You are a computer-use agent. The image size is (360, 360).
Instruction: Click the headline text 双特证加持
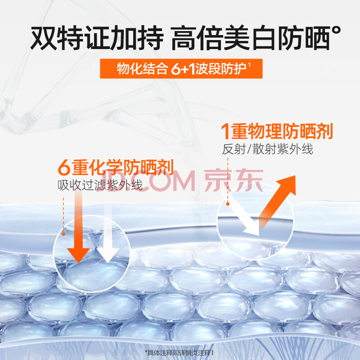pos(97,38)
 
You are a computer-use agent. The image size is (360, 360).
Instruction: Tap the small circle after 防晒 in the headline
pos(336,31)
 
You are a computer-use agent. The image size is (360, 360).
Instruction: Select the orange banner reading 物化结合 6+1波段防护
pos(181,68)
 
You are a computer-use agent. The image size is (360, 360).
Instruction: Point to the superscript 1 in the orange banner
pos(249,65)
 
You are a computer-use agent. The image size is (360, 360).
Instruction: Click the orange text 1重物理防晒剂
pos(277,131)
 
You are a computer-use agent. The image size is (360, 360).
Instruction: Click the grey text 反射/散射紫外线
pos(267,149)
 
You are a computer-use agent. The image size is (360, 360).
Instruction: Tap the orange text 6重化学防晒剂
pos(116,167)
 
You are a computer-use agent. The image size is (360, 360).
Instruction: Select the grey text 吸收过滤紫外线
pos(100,185)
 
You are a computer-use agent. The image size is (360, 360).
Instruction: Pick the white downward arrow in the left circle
pos(108,229)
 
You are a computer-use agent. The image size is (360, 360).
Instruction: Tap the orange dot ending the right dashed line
pos(228,204)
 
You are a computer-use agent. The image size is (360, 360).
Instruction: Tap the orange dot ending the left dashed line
pos(63,234)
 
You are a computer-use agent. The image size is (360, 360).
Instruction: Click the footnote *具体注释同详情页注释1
pos(179,353)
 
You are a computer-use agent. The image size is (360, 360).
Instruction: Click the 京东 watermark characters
pos(234,180)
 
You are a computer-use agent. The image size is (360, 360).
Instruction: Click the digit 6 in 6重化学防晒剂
pos(64,168)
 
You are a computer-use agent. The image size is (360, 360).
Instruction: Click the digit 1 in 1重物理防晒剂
pos(225,131)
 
